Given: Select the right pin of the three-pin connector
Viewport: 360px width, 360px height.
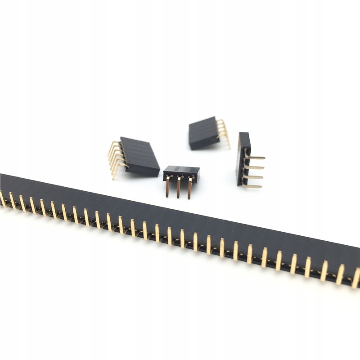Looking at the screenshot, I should click(189, 188).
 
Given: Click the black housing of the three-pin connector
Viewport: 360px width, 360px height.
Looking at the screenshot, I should click(181, 171).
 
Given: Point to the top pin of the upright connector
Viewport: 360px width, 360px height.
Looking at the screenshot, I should click(255, 157).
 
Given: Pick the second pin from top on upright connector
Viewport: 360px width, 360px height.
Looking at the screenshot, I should click(254, 167).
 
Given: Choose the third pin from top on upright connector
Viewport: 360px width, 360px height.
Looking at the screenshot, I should click(253, 177).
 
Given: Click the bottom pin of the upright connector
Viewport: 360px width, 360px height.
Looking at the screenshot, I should click(252, 186).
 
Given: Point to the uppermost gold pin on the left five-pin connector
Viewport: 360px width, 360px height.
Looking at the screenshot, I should click(113, 145).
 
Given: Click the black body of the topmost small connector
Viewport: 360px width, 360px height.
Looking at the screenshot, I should click(203, 133).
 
